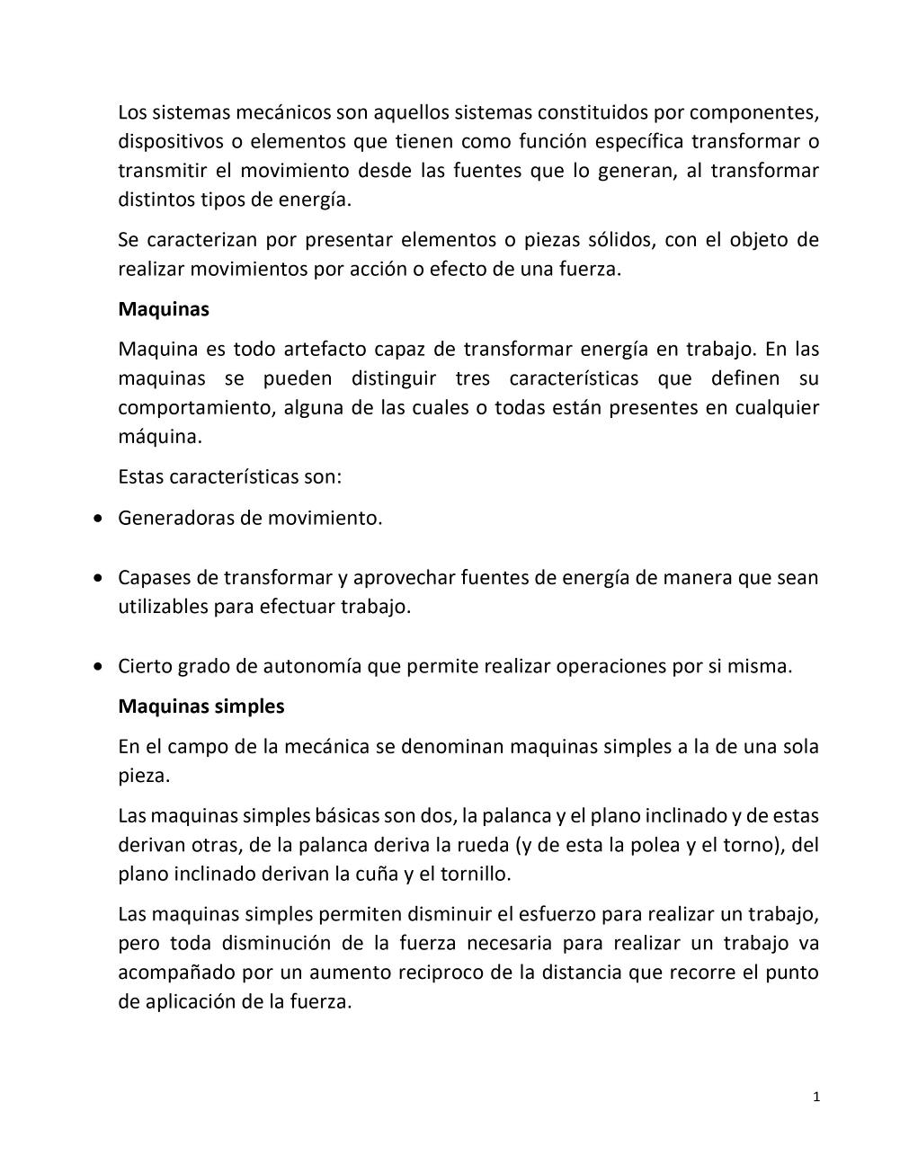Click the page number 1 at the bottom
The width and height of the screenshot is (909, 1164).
(x=815, y=1096)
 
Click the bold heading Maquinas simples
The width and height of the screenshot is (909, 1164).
(x=201, y=706)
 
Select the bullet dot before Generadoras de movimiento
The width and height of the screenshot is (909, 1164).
(x=98, y=519)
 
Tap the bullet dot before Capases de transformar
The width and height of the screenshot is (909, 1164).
(x=98, y=578)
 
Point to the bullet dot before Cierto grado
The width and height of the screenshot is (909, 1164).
(x=98, y=667)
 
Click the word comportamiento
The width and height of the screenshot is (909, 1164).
(x=195, y=408)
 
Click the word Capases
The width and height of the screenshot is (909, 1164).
(x=154, y=578)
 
